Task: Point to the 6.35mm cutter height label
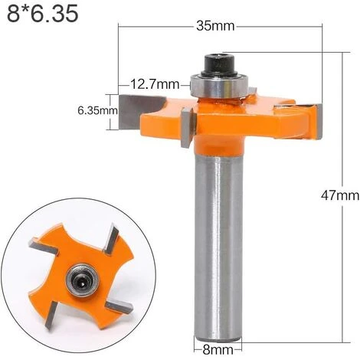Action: [97, 110]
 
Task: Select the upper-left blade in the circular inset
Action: [44, 247]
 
